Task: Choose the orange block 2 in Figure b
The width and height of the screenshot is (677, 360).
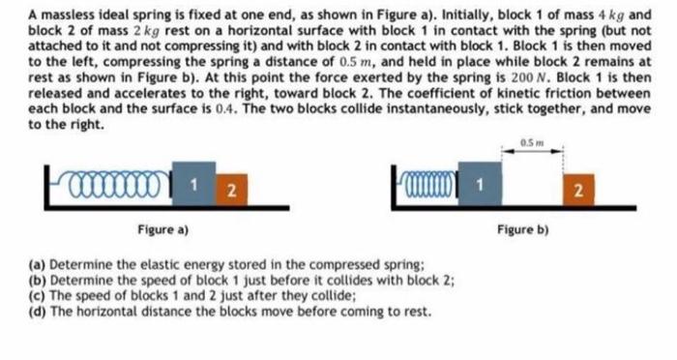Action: pos(577,186)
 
